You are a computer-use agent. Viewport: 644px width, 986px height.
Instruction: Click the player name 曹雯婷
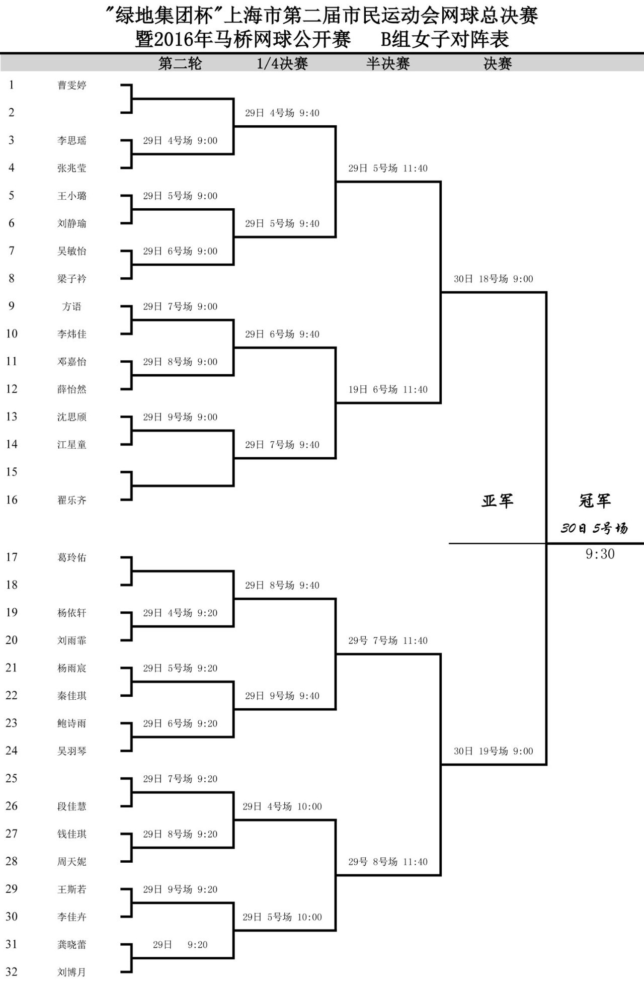pos(72,85)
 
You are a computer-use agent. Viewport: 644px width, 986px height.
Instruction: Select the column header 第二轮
pos(180,63)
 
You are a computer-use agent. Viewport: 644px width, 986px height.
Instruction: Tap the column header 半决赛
pos(388,63)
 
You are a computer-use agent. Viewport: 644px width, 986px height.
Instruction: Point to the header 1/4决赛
pos(282,63)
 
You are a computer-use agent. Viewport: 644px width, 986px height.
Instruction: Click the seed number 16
pos(12,500)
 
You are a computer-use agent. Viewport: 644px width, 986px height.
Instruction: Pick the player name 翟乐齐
pos(72,500)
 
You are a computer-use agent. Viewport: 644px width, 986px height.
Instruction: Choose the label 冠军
pos(595,501)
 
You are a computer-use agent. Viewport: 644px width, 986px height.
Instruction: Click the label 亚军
pos(498,501)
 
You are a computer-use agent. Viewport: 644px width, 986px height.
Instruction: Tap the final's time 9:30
pos(600,554)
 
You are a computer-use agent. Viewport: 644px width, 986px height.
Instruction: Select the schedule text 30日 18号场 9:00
pos(494,279)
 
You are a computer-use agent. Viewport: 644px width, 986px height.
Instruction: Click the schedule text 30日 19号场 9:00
pos(494,751)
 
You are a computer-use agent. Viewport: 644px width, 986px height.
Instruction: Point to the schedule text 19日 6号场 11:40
pos(388,389)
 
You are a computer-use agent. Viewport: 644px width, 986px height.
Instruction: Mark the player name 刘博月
pos(72,972)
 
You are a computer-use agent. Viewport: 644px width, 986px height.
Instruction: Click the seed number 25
pos(12,778)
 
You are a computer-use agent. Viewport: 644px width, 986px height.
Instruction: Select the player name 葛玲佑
pos(72,557)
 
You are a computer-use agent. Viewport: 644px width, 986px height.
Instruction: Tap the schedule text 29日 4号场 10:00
pos(282,806)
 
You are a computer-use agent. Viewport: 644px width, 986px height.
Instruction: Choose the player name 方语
pos(72,306)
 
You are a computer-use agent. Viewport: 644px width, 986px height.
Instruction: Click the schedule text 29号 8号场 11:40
pos(388,862)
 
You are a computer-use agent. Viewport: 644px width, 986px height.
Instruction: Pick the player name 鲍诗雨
pos(72,723)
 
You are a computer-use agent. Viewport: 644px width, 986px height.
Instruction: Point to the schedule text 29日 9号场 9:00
pos(180,417)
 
